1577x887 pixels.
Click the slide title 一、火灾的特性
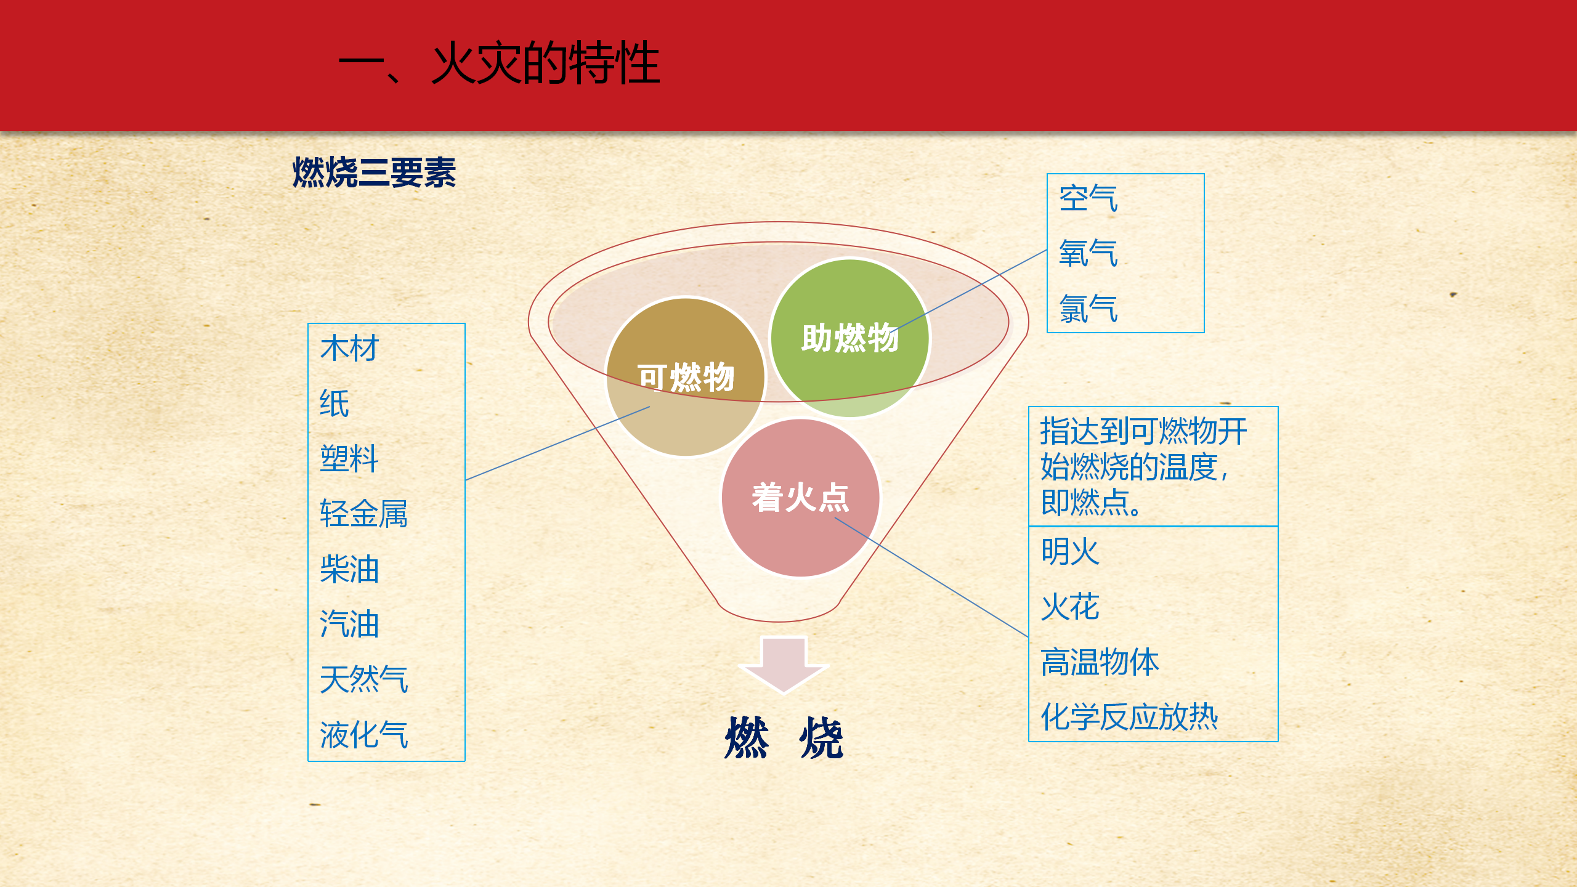point(499,63)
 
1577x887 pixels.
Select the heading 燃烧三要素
point(374,172)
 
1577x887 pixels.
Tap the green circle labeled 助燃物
point(850,338)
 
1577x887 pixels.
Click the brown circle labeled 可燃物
point(686,377)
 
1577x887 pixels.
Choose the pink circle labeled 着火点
point(801,498)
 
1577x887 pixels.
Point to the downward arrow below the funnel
point(784,665)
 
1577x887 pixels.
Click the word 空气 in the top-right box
point(1088,198)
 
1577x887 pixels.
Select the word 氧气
point(1088,253)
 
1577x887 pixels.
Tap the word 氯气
point(1088,309)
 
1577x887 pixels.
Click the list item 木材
point(349,348)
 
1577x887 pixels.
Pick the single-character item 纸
point(334,403)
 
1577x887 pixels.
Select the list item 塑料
point(349,458)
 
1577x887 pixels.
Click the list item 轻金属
point(364,514)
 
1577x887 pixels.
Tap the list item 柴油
point(349,569)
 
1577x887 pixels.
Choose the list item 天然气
point(364,679)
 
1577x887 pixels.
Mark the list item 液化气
point(364,734)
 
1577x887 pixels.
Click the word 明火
point(1070,551)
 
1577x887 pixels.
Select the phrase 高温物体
point(1100,662)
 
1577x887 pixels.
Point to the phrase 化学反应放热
point(1129,717)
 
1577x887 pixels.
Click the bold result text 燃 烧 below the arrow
point(784,737)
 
